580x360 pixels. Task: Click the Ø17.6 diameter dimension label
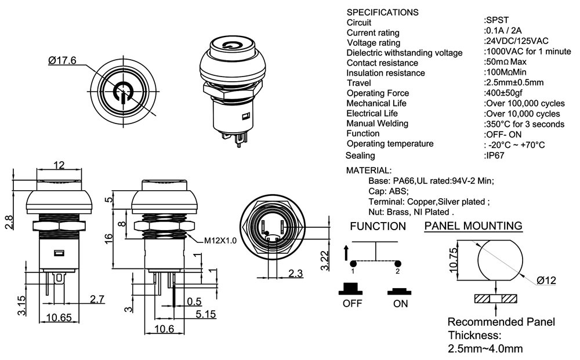point(63,60)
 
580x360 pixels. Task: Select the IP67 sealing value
point(494,155)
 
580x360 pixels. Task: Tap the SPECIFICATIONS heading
point(382,12)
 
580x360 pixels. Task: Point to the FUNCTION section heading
point(378,226)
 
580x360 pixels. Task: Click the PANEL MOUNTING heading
point(473,226)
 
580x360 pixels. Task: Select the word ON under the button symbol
point(400,304)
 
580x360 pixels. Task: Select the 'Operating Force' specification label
point(378,93)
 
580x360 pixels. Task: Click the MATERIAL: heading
point(369,170)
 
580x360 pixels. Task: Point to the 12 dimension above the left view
point(59,165)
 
